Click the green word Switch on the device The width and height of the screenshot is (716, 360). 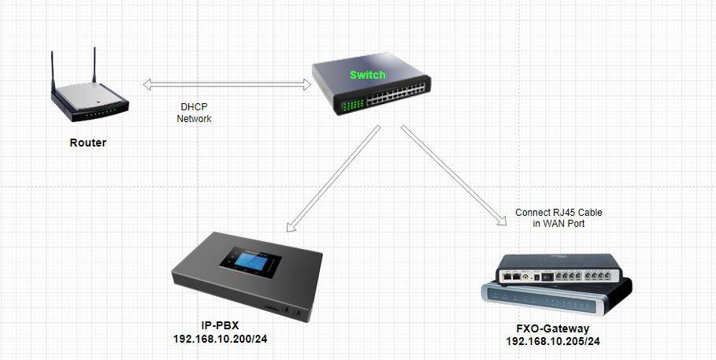click(368, 75)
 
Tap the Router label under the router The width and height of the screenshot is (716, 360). click(87, 143)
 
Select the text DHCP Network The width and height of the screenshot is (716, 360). click(194, 113)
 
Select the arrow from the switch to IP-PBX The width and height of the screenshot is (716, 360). click(328, 180)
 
